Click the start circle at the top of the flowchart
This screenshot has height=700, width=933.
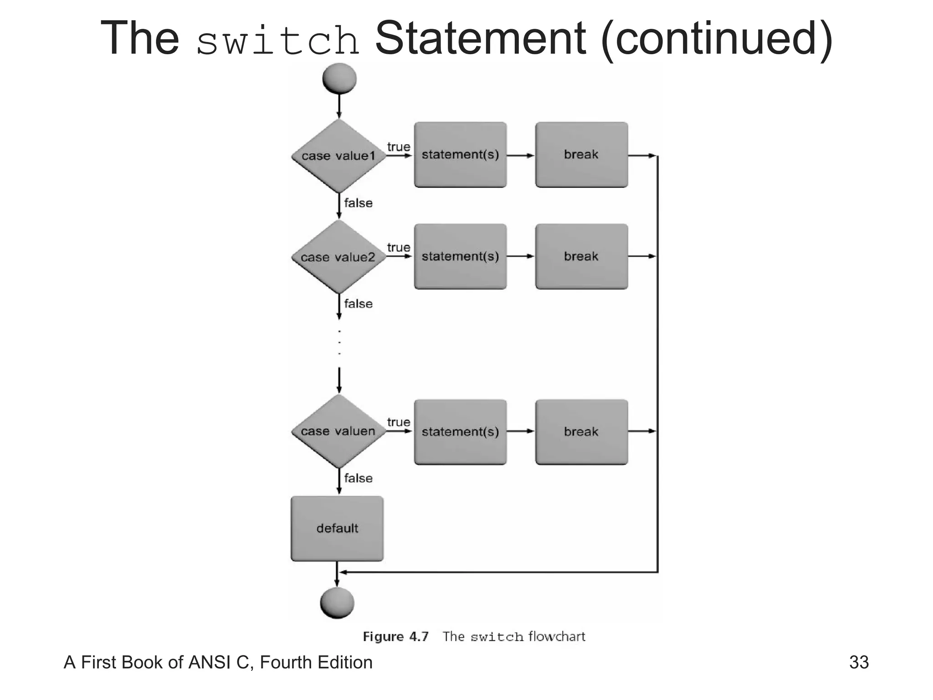coord(339,78)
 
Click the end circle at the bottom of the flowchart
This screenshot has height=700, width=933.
coord(337,602)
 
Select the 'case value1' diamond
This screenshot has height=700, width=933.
coord(338,156)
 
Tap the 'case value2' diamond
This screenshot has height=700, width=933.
coord(338,257)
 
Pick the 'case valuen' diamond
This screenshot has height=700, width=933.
coord(338,431)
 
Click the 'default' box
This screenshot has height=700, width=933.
coord(337,528)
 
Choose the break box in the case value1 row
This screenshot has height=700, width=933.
coord(581,154)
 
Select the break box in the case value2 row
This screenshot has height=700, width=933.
coord(581,256)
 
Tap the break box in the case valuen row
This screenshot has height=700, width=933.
coord(581,432)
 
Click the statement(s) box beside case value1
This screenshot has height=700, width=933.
coord(460,154)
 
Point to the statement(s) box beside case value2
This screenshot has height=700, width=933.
coord(460,256)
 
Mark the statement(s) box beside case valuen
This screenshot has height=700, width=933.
coord(460,432)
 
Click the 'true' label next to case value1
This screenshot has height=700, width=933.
coord(399,147)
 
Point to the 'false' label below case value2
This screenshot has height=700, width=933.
coord(358,304)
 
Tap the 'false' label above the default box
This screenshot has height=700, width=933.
coord(358,478)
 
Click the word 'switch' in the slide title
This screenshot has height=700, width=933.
coord(278,40)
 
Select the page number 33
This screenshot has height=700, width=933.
coord(859,662)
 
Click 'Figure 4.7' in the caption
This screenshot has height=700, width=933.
coord(395,636)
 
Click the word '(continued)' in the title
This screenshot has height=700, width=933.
coord(717,38)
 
